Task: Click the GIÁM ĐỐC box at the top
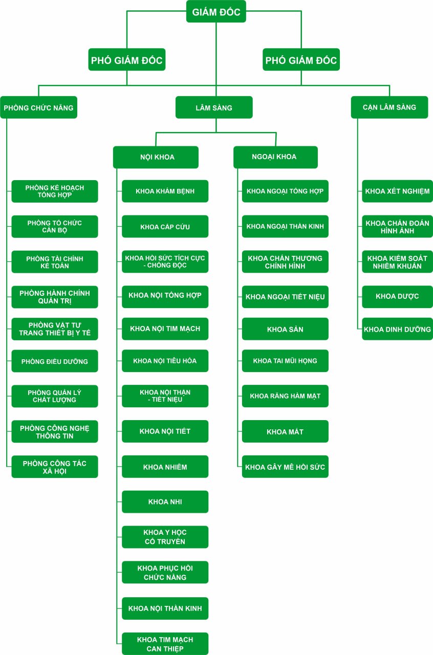click(216, 12)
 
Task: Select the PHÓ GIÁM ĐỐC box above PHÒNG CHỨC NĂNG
click(127, 60)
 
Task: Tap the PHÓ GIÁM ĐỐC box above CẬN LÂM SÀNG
click(301, 60)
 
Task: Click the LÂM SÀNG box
click(214, 107)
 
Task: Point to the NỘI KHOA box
click(156, 157)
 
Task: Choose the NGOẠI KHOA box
click(275, 157)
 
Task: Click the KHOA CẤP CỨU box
click(165, 227)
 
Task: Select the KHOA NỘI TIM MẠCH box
click(165, 329)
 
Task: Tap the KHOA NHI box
click(165, 501)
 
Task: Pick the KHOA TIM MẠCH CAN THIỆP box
click(165, 644)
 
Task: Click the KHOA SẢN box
click(285, 329)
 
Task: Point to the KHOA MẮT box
click(285, 432)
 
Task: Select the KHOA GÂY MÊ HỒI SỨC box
click(285, 467)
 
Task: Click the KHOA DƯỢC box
click(397, 297)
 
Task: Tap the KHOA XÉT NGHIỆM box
click(397, 191)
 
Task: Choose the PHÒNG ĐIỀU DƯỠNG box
click(55, 361)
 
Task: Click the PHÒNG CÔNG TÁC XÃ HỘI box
click(55, 467)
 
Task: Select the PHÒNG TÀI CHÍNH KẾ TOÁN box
click(55, 262)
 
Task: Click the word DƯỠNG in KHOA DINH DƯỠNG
click(416, 330)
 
